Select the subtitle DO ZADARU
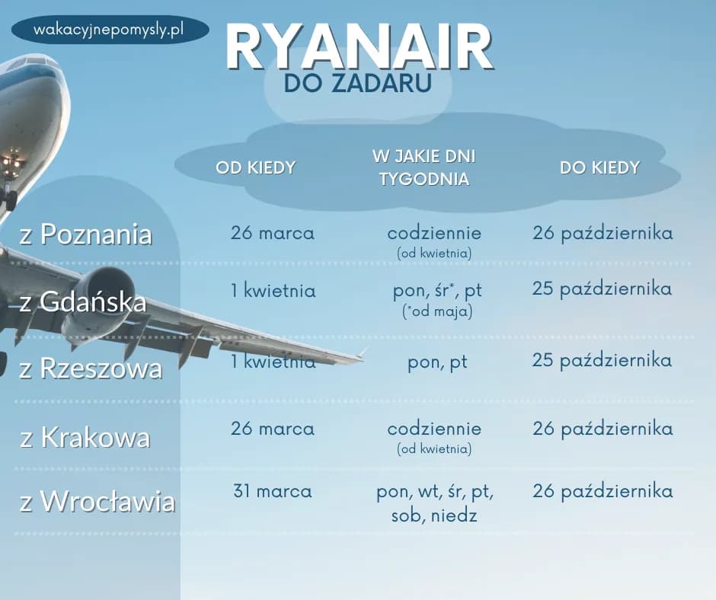[357, 85]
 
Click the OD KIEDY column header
[255, 168]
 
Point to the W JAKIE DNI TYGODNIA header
[424, 168]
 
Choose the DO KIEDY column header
[599, 168]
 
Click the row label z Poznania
[86, 235]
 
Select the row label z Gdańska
[83, 302]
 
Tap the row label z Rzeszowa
[91, 369]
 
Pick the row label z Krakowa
[85, 438]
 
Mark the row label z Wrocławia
[97, 502]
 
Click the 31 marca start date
[272, 491]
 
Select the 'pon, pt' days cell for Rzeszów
[437, 362]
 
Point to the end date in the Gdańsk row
[602, 289]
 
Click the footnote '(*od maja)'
[436, 311]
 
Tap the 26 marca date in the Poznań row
[272, 233]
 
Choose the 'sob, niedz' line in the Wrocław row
[433, 515]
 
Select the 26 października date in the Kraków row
[603, 429]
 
